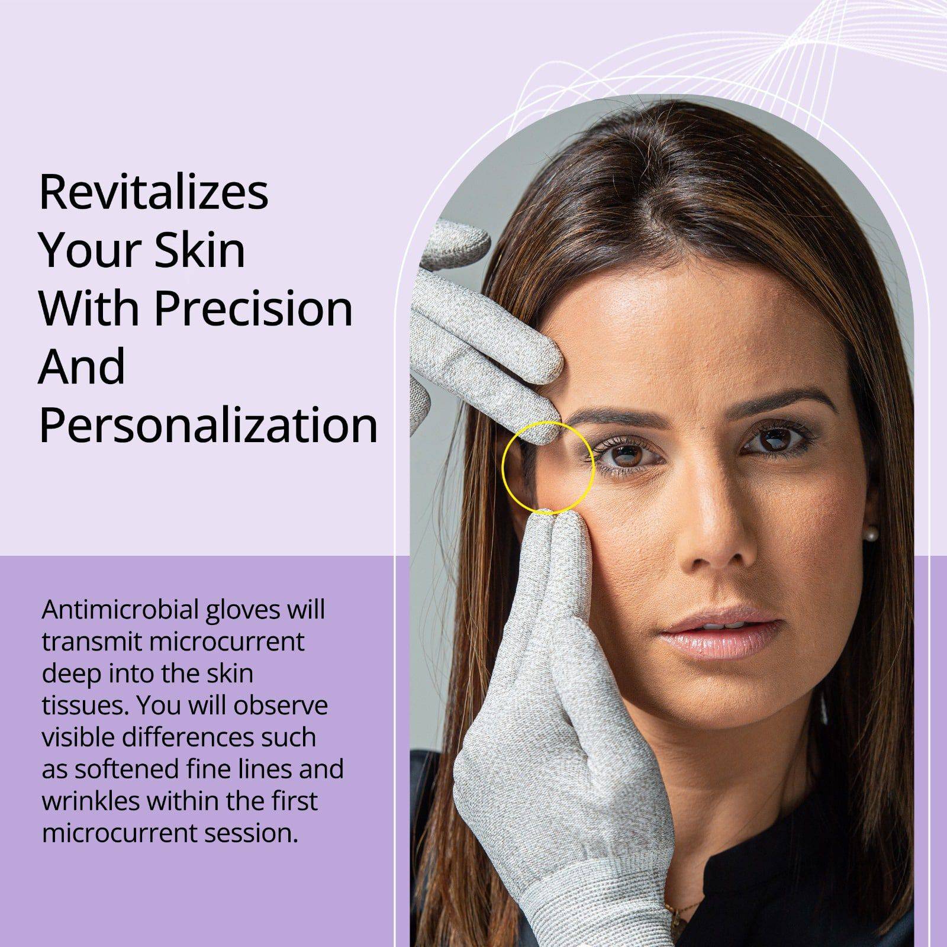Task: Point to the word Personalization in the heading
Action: tap(208, 425)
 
